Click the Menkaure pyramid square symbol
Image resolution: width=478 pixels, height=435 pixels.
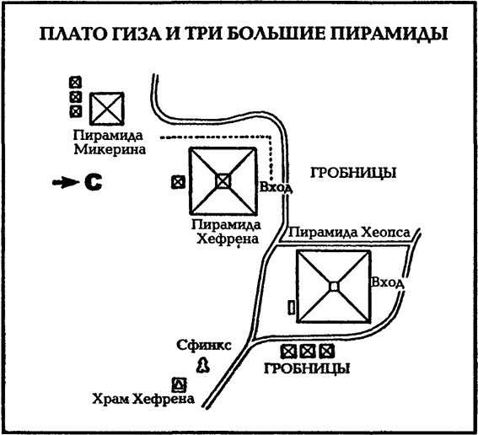pos(107,108)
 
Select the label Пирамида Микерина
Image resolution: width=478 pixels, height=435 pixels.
pos(109,142)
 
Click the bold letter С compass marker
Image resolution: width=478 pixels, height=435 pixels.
pos(90,180)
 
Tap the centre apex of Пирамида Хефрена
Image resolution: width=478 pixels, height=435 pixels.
pos(222,180)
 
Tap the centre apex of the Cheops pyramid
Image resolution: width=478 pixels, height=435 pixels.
pos(334,287)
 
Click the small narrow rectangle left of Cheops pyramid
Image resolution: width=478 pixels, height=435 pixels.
pos(292,309)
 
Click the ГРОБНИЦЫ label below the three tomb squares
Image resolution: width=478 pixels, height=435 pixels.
pos(307,369)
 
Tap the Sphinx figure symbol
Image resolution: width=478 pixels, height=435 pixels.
pos(202,363)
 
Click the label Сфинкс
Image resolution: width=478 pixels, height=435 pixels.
pos(201,345)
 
